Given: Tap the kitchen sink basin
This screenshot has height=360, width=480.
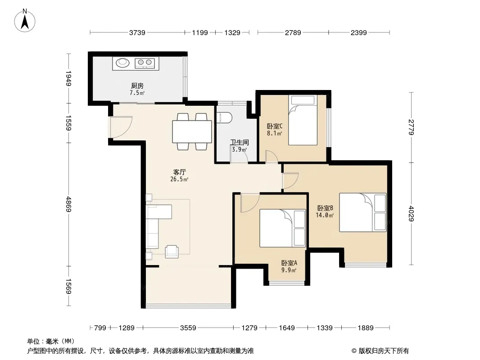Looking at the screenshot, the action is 122,63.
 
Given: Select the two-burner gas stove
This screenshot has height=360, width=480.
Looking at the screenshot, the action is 145,63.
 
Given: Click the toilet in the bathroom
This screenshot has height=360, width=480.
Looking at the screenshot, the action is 224,118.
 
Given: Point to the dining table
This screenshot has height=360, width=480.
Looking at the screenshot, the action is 192,131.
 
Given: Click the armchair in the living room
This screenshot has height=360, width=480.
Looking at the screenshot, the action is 172,252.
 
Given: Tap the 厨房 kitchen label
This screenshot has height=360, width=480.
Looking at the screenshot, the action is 137,86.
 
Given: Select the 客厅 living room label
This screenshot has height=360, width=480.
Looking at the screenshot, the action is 179,172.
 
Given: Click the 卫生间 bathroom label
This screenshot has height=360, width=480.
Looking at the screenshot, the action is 240,143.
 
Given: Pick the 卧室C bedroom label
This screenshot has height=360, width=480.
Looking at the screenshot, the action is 275,126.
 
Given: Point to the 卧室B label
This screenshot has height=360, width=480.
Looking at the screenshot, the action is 325,208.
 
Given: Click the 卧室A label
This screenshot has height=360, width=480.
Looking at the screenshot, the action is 289,263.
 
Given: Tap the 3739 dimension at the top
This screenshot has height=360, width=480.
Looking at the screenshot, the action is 137,32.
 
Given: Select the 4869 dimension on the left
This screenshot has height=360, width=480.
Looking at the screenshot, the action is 68,204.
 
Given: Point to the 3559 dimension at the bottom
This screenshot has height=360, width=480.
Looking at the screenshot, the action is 188,328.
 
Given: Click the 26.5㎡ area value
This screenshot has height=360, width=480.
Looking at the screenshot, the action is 179,180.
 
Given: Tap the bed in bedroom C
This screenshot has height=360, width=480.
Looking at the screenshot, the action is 303,120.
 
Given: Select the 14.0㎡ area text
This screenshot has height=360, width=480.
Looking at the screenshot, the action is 325,216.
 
